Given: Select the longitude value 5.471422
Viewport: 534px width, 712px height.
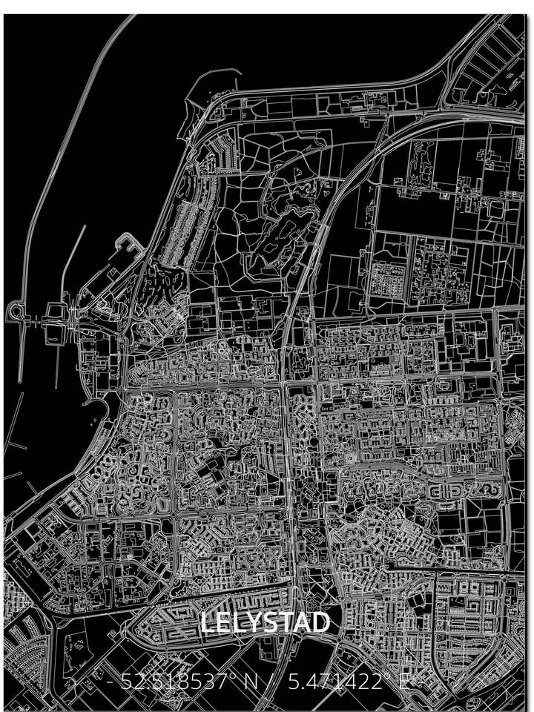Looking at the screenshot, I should (336, 682).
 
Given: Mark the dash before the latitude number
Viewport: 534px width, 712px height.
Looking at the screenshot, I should (111, 682).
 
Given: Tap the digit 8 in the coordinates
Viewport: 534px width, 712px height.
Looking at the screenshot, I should (179, 682).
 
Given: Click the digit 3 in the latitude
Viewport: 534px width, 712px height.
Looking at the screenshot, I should (211, 682).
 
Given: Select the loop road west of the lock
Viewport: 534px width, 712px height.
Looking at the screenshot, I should (18, 315).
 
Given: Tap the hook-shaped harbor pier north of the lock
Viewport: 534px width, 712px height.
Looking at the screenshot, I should (126, 243).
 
